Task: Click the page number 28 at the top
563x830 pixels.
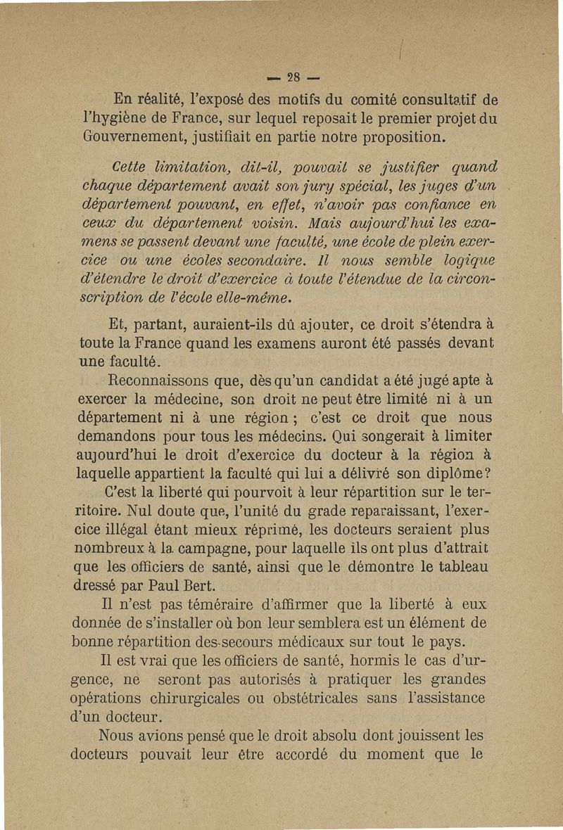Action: coord(281,75)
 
